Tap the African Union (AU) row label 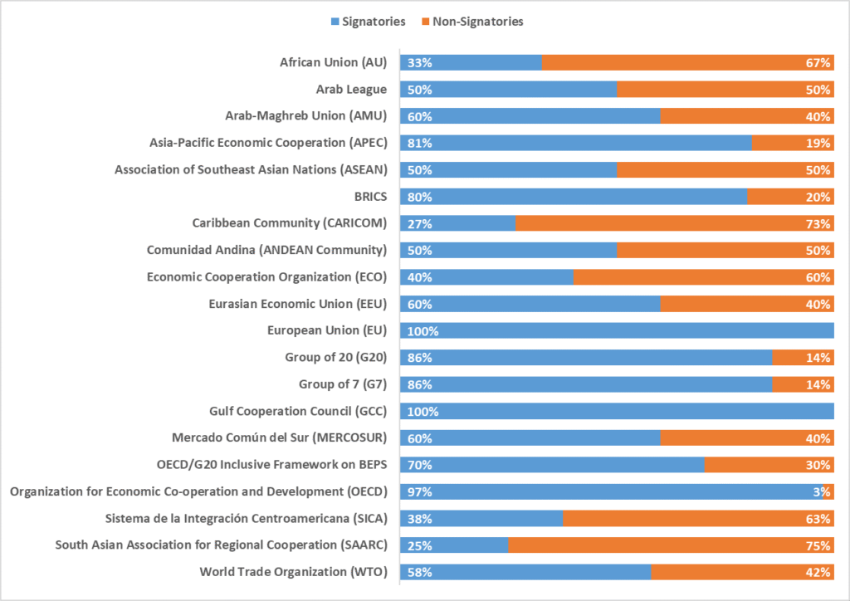click(x=333, y=62)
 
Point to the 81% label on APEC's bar click(x=418, y=143)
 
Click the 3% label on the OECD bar click(x=822, y=492)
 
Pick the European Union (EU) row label click(x=327, y=330)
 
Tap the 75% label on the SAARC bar click(x=818, y=545)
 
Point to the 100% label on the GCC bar click(x=422, y=412)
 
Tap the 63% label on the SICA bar click(x=818, y=519)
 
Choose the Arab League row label click(x=351, y=89)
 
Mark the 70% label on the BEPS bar click(x=418, y=465)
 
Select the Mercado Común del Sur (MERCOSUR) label click(x=279, y=438)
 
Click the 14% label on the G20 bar click(x=818, y=358)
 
